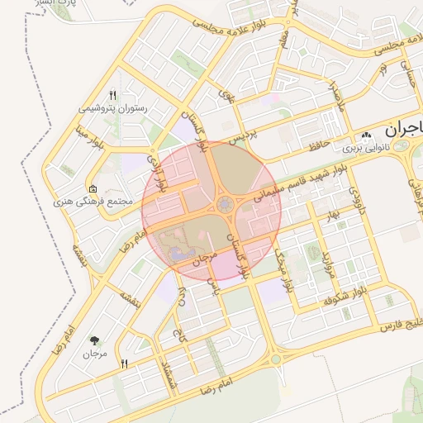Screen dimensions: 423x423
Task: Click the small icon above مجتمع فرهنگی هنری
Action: point(93,188)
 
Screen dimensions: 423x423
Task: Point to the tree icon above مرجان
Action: point(95,340)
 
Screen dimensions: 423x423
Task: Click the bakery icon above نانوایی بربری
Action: point(366,135)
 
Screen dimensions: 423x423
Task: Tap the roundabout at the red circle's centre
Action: point(223,204)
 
